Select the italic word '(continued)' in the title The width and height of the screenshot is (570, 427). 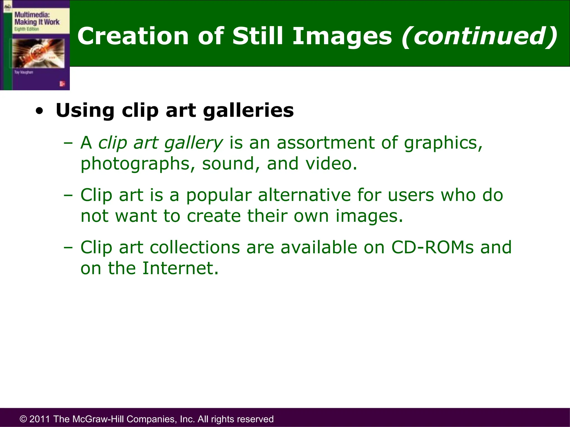[x=479, y=36]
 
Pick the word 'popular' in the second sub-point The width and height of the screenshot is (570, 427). [x=219, y=195]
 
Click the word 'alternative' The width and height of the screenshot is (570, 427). [x=304, y=195]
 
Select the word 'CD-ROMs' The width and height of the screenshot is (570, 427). [x=432, y=247]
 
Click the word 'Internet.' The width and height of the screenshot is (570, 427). [x=180, y=268]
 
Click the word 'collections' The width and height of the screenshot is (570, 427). [x=195, y=247]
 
